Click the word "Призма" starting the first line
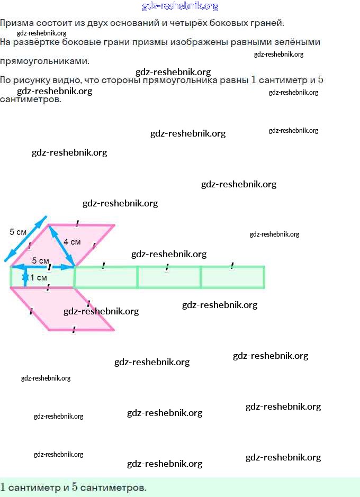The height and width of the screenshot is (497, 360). [14, 23]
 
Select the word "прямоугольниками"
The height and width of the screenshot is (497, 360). [44, 61]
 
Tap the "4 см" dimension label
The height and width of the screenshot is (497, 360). [72, 242]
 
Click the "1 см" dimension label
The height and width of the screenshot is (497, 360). [39, 277]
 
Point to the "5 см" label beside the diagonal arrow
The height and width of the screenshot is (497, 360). [18, 232]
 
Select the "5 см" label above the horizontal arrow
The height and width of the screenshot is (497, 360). [40, 260]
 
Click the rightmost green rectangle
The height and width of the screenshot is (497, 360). [233, 278]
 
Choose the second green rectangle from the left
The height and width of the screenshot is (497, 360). [106, 278]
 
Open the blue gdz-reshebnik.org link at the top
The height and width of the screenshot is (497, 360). [180, 6]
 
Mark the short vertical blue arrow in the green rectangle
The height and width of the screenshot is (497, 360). [25, 277]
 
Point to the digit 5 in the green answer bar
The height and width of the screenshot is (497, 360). [75, 487]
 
